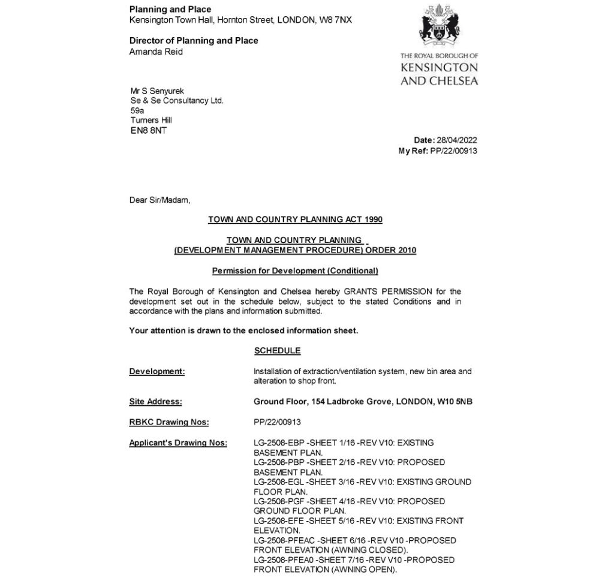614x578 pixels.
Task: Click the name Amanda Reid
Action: coord(156,52)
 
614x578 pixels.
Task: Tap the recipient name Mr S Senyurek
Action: coord(153,91)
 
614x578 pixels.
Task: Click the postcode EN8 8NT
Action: coord(148,130)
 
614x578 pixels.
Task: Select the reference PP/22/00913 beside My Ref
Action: coord(454,151)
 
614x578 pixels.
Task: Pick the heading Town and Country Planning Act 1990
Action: coord(295,219)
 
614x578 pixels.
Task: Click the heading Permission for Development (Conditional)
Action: coord(295,270)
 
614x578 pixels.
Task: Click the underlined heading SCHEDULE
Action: coord(277,350)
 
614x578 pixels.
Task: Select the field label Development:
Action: coord(157,372)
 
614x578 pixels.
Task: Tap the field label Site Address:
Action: coord(155,402)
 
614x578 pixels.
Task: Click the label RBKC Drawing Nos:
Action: coord(169,422)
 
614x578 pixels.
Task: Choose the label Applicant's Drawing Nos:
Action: coord(178,443)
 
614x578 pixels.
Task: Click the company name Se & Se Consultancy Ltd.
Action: coord(177,101)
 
